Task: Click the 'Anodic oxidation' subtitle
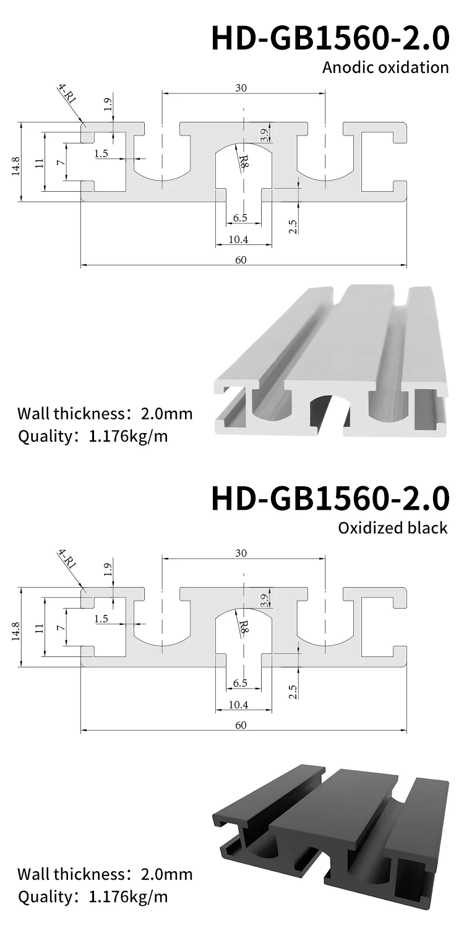385,67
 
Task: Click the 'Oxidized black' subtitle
393,528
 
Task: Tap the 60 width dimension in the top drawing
241,260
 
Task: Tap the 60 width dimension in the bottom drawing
241,725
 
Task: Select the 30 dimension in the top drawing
241,88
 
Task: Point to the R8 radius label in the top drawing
244,161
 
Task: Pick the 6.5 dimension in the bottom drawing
241,683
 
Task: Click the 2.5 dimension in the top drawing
293,226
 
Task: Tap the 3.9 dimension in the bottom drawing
264,599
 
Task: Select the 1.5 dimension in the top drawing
101,154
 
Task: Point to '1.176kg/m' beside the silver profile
128,436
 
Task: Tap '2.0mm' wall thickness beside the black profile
167,874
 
